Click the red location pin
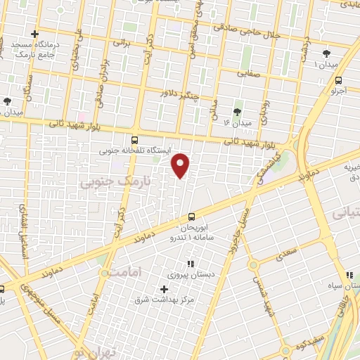pyautogui.click(x=181, y=165)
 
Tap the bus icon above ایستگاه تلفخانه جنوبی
pyautogui.click(x=135, y=139)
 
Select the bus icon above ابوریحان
pyautogui.click(x=192, y=217)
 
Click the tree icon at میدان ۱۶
pyautogui.click(x=237, y=110)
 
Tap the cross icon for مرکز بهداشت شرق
pyautogui.click(x=165, y=289)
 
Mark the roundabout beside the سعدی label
pyautogui.click(x=252, y=265)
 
